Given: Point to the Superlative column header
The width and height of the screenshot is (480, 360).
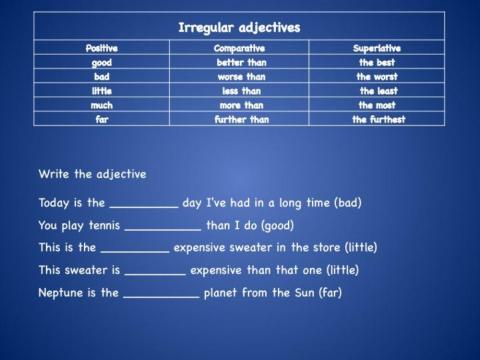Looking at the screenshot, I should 380,47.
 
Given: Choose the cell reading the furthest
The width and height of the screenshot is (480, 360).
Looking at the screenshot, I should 380,118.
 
